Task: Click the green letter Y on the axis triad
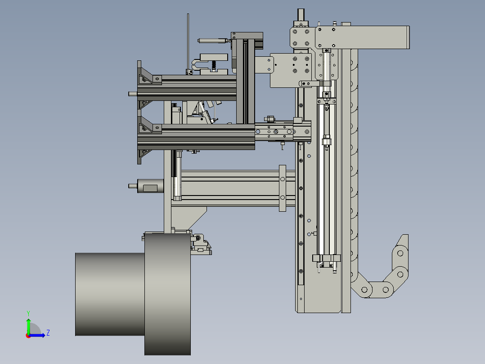pos(28,313)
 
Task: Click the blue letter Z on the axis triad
pos(48,333)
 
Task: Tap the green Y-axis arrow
pos(28,327)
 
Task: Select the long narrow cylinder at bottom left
pos(110,294)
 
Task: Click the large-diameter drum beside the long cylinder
pos(167,294)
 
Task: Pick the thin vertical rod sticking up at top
pos(188,42)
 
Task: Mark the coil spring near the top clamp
pos(213,65)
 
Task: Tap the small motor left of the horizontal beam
pos(150,186)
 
